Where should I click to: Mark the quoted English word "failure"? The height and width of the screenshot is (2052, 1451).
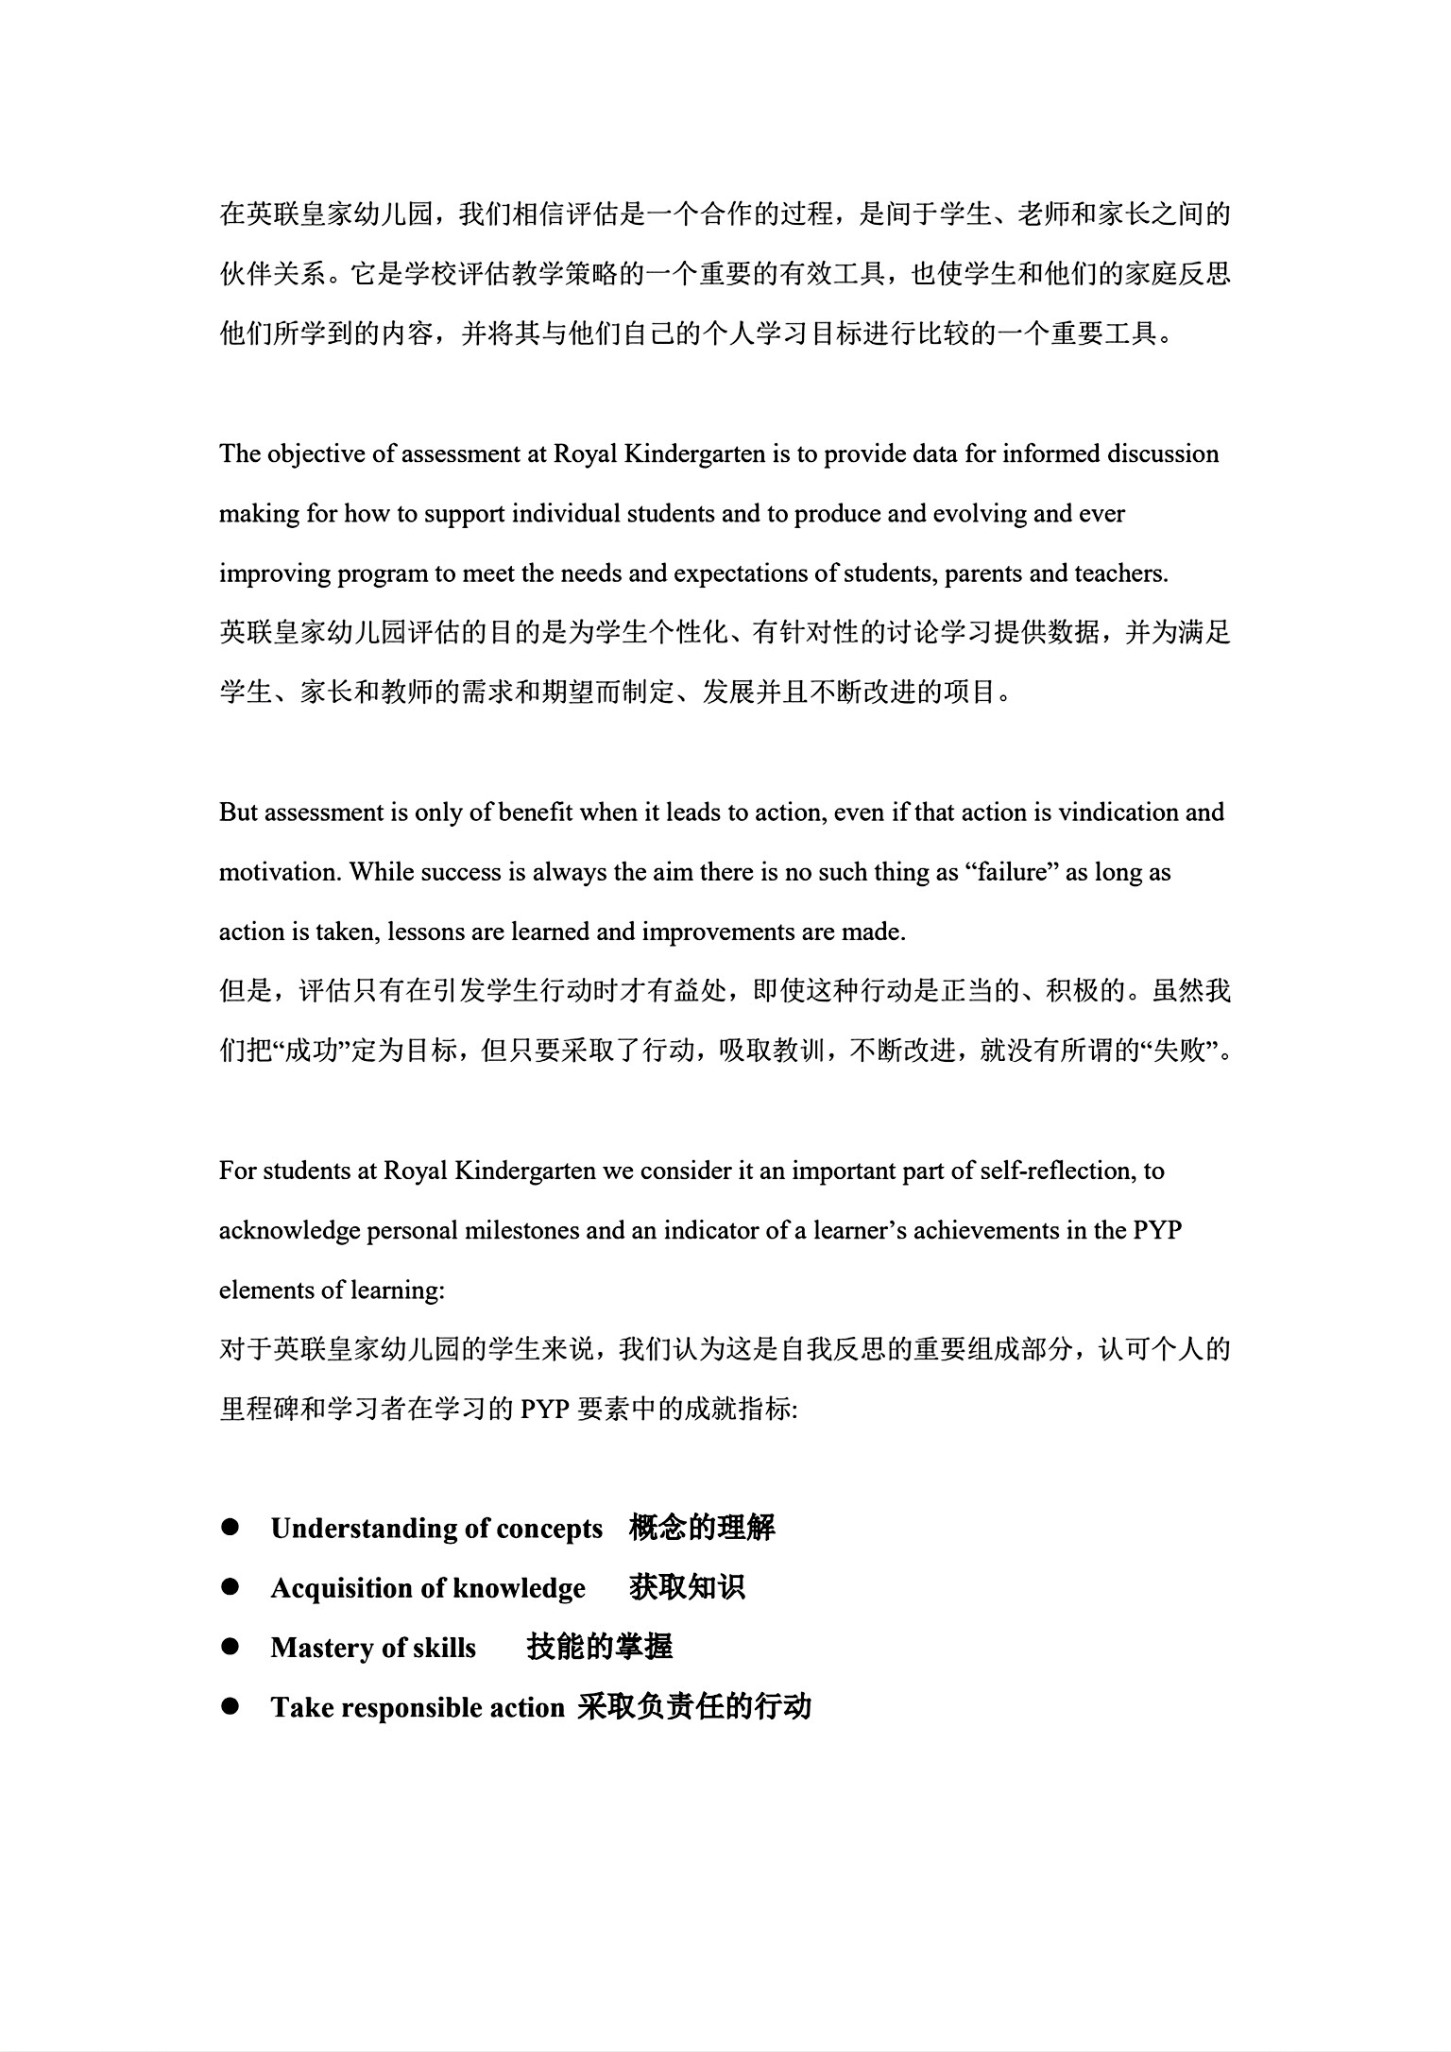pyautogui.click(x=1011, y=872)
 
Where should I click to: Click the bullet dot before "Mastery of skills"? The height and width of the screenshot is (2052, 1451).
pyautogui.click(x=230, y=1647)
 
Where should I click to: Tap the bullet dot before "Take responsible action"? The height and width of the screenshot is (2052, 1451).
pyautogui.click(x=230, y=1706)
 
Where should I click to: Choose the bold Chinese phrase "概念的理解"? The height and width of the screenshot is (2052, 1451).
pyautogui.click(x=702, y=1528)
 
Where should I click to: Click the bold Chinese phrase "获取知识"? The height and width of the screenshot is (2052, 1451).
pyautogui.click(x=687, y=1587)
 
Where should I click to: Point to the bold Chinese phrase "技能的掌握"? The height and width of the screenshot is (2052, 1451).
pyautogui.click(x=600, y=1647)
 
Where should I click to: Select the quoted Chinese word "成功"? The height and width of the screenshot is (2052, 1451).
pyautogui.click(x=312, y=1052)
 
